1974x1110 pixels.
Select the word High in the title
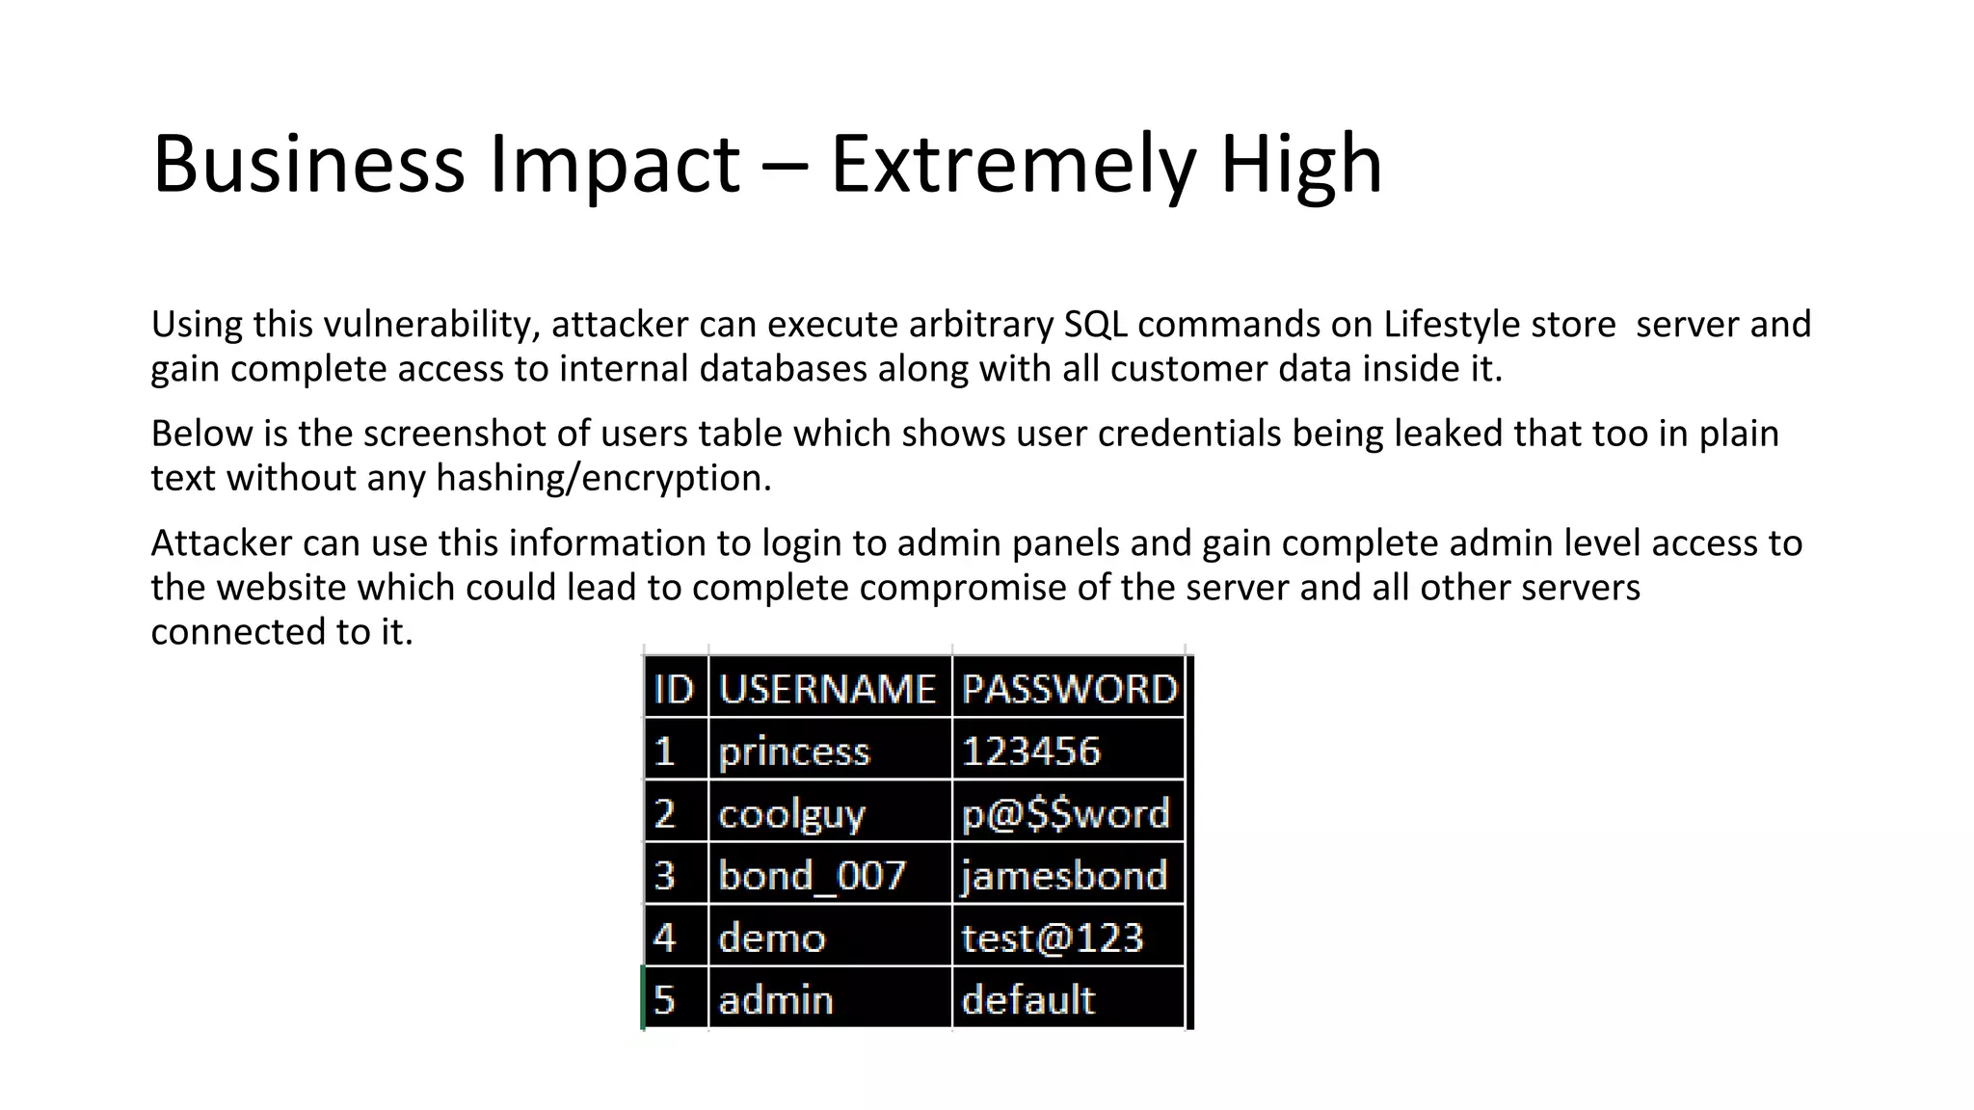point(1301,166)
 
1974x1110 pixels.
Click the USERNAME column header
point(827,689)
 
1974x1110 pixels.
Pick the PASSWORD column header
point(1069,689)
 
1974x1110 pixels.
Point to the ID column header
point(674,689)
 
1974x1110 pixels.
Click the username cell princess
point(794,752)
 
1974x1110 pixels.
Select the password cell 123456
point(1030,752)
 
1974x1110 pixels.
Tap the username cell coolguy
point(791,814)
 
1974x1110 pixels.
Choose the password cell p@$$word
point(1065,814)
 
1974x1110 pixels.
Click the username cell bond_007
point(812,876)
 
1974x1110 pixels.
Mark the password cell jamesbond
point(1064,876)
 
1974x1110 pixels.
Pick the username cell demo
point(772,938)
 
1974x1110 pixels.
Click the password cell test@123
point(1052,938)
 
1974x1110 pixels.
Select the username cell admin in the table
point(776,1000)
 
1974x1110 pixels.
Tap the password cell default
point(1028,1000)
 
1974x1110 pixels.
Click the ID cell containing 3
point(665,876)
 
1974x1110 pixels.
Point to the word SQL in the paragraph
point(1095,325)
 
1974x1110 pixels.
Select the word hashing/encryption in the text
point(603,478)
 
